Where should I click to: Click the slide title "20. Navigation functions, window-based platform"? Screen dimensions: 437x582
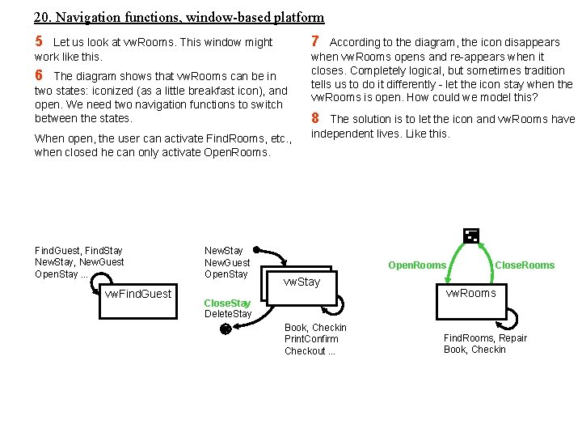[179, 17]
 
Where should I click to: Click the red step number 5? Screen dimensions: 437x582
[39, 41]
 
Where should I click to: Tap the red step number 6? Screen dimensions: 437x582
[39, 75]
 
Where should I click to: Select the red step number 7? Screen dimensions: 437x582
[316, 41]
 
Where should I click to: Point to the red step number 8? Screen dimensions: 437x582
[316, 118]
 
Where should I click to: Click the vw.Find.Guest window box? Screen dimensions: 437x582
[138, 294]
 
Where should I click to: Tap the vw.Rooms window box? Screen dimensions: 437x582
[470, 293]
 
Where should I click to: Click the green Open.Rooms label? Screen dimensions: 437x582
[417, 265]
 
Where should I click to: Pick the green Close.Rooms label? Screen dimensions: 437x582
[525, 265]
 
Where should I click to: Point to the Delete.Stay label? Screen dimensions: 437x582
[228, 314]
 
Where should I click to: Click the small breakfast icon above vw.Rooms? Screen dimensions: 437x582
[470, 236]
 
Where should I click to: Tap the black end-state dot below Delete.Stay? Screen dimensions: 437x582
[226, 329]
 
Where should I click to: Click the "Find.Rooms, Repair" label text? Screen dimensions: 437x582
[485, 338]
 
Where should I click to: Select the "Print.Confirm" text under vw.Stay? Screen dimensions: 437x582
[311, 339]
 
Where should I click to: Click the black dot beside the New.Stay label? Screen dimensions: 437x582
[255, 251]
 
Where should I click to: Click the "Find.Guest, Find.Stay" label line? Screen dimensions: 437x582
[78, 251]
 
